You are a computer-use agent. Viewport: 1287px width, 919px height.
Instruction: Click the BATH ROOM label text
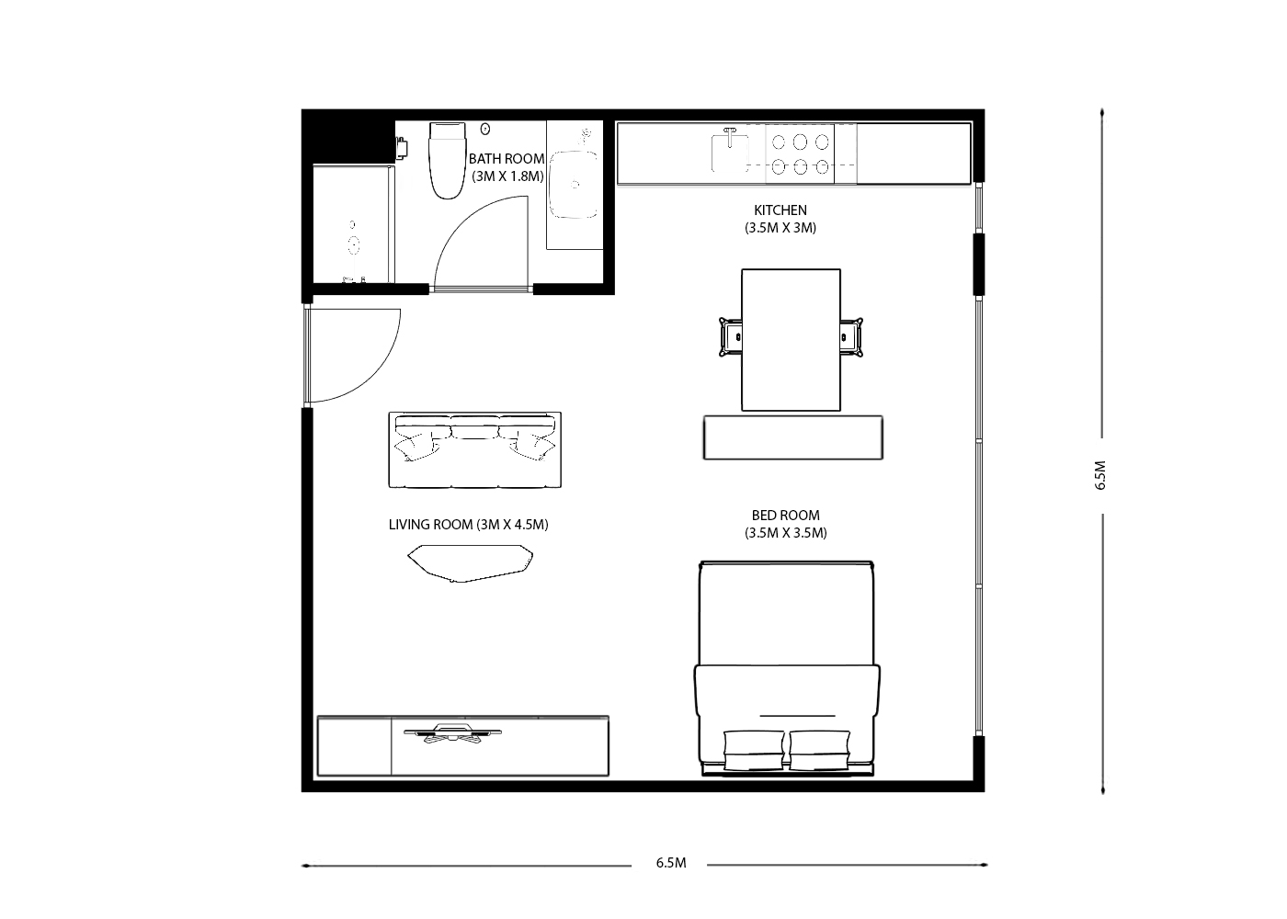tap(507, 158)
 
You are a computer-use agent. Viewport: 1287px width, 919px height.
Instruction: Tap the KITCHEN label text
tap(780, 210)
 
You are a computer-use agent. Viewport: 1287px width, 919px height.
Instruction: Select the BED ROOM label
tap(785, 516)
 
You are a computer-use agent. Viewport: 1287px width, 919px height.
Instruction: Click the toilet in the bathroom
tap(447, 160)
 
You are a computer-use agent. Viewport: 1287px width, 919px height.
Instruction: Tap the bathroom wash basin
tap(574, 185)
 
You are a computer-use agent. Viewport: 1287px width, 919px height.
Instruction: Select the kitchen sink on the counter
tap(730, 153)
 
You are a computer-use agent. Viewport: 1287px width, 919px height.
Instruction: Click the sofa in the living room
tap(474, 449)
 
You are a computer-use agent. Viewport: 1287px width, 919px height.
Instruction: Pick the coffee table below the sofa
tap(470, 563)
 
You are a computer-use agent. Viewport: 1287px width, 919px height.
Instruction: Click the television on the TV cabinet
tap(452, 734)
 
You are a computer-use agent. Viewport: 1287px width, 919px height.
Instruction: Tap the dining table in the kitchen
tap(791, 340)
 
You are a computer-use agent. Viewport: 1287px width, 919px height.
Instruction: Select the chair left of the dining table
tap(730, 337)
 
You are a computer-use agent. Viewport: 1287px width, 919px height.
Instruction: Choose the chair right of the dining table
tap(851, 337)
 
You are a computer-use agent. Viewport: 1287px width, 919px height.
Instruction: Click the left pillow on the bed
tap(754, 750)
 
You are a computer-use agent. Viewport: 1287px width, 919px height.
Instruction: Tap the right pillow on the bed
tap(819, 750)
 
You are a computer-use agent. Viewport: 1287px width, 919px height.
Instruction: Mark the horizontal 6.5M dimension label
tap(671, 863)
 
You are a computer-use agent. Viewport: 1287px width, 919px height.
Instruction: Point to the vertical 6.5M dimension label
tap(1099, 475)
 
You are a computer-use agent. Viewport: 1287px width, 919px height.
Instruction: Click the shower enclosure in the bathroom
tap(353, 224)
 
